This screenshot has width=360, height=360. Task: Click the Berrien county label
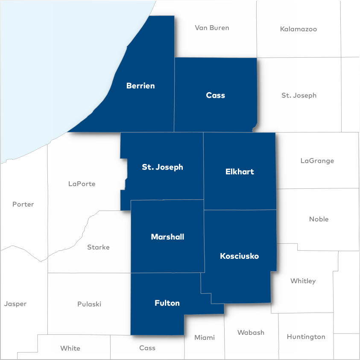[x=140, y=86]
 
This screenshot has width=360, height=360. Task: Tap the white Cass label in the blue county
[x=215, y=95]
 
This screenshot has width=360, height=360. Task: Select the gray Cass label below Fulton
[x=147, y=348]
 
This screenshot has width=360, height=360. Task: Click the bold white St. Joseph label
[x=162, y=167]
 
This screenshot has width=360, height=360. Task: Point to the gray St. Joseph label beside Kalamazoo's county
[x=299, y=95]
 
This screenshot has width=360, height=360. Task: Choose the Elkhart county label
[x=240, y=172]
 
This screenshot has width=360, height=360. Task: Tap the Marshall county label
[x=167, y=237]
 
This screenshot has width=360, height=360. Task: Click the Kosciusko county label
[x=239, y=256]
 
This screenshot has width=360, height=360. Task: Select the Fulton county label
[x=167, y=303]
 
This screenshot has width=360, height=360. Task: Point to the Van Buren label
[x=212, y=28]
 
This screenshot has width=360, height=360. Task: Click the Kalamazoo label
[x=299, y=29]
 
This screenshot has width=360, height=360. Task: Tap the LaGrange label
[x=317, y=161]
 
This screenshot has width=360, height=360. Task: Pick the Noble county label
[x=319, y=219]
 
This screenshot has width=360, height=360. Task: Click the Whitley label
[x=303, y=281]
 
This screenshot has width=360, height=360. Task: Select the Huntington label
[x=306, y=337]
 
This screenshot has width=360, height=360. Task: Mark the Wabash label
[x=251, y=332]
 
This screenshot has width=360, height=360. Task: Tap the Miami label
[x=205, y=337]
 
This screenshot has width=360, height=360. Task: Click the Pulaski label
[x=89, y=304]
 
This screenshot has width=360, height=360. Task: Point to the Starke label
[x=98, y=247]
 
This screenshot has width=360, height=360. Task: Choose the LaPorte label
[x=82, y=184]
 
